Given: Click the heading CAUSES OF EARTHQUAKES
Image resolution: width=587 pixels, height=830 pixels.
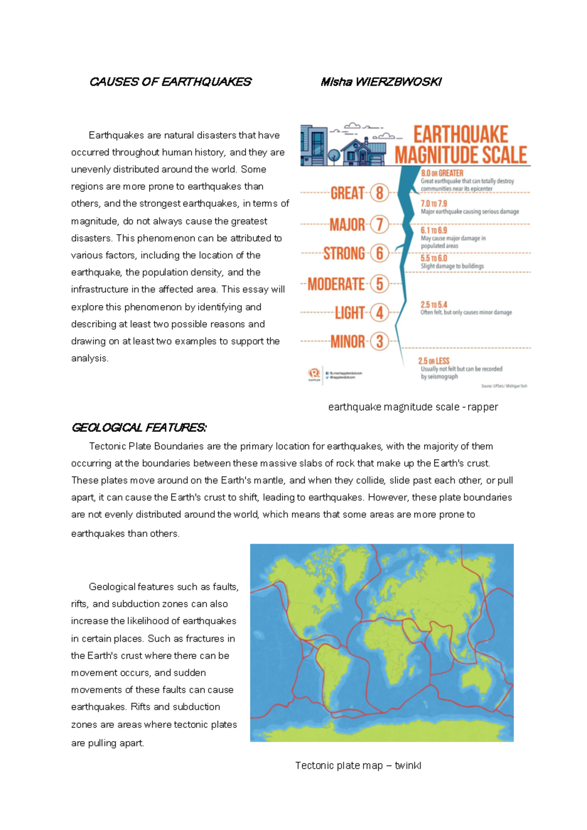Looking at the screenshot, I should coord(170,82).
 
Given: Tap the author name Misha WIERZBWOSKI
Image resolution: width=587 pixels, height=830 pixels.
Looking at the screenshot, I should coord(381,82).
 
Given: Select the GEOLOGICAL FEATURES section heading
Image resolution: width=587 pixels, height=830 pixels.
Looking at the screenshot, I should coord(139,428).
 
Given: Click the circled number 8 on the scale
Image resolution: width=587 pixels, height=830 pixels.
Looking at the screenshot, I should coord(380,193).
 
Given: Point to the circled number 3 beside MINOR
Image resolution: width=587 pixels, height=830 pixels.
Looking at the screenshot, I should coord(380,341).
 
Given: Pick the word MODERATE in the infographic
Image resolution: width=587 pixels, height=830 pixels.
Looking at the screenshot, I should coord(336,284).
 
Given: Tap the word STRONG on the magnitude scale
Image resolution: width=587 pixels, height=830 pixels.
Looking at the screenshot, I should coord(344,254).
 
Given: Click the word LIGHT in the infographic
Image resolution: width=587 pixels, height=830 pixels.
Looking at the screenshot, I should coord(350,313).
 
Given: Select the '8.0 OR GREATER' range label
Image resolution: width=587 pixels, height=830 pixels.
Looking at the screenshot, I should coord(442,173).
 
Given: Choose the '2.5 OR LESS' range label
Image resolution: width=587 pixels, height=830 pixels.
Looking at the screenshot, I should coord(434,361).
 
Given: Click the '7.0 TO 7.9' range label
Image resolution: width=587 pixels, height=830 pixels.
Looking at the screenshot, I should coord(434,203).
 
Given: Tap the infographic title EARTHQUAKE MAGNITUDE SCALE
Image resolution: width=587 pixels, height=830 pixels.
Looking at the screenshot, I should coord(461,145).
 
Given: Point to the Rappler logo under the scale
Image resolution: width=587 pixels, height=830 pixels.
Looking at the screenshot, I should coord(314,374).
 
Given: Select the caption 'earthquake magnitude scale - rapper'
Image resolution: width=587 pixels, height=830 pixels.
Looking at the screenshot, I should coord(413,407).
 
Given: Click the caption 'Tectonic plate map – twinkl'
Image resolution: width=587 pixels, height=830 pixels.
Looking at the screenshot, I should coord(358,765).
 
